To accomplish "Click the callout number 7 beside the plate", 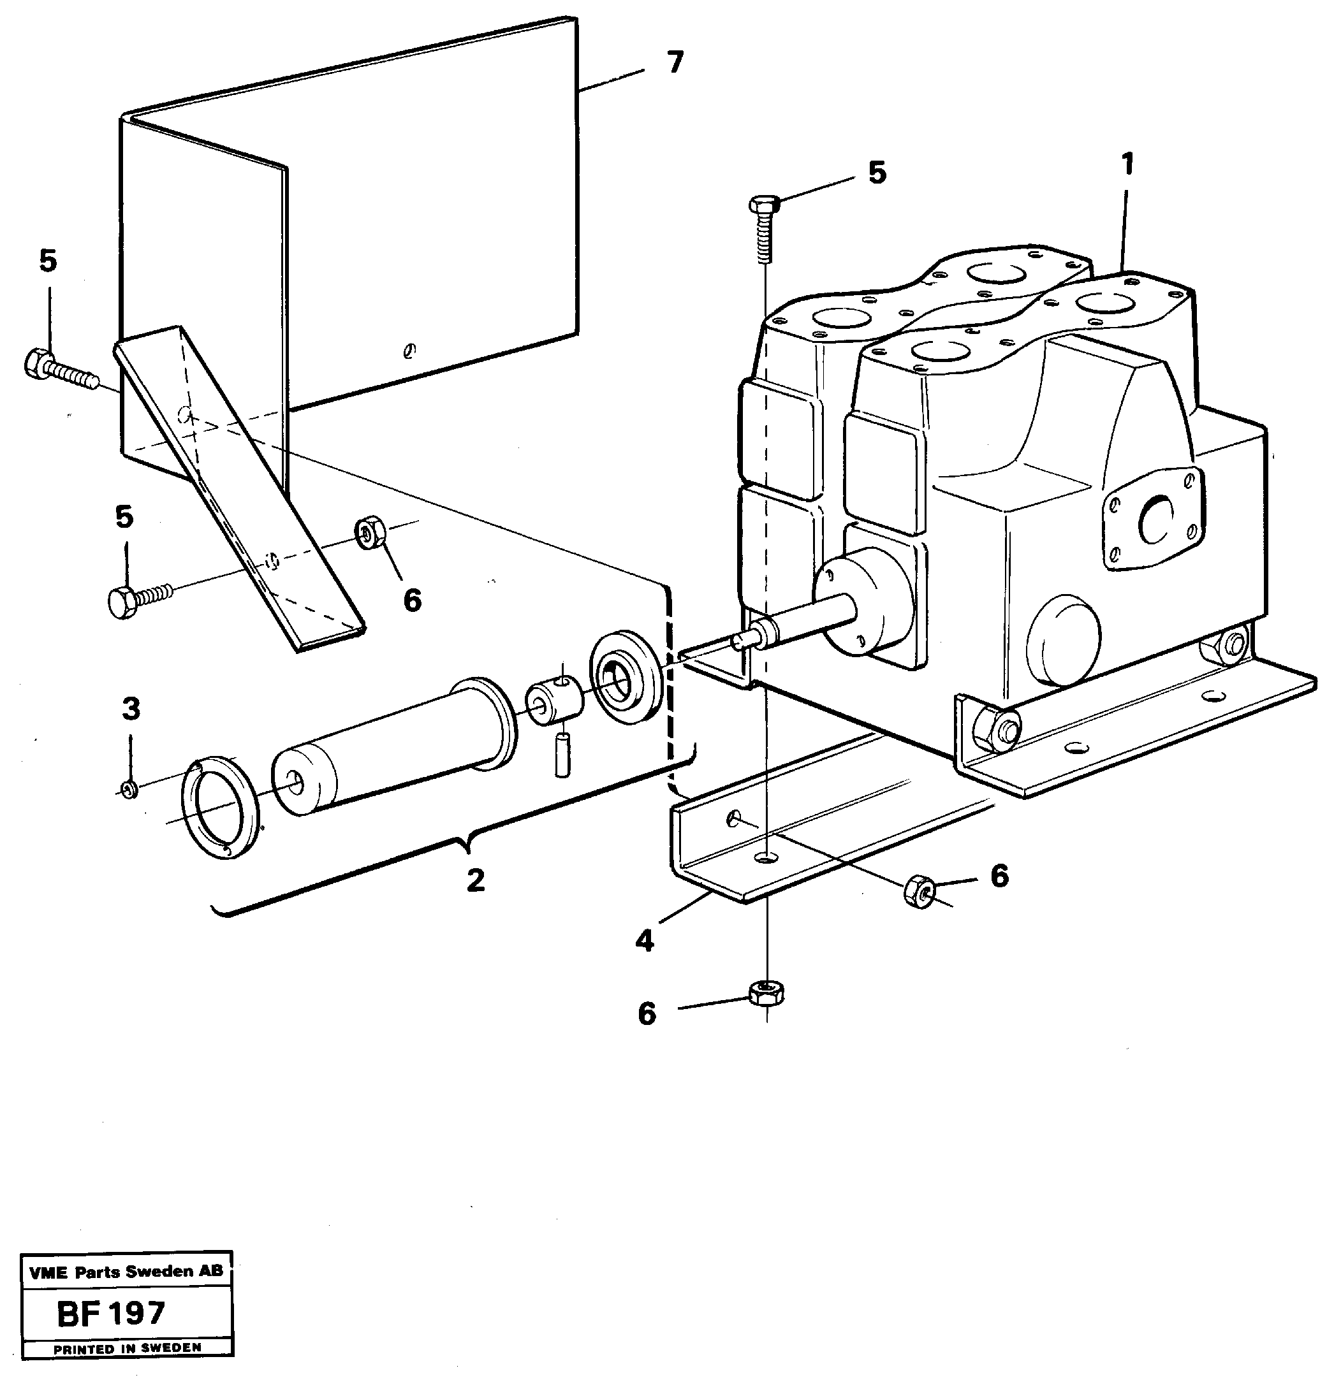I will (675, 63).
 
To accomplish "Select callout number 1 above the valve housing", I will (1127, 164).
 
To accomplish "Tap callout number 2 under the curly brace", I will (476, 880).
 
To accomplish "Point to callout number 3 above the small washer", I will (131, 709).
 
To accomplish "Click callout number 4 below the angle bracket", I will (645, 941).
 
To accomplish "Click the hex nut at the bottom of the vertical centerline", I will (766, 992).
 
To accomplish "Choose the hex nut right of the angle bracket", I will (919, 891).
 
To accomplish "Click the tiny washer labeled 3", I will (129, 788).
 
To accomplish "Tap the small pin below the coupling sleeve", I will (561, 755).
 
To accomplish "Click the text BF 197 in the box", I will (112, 1313).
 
